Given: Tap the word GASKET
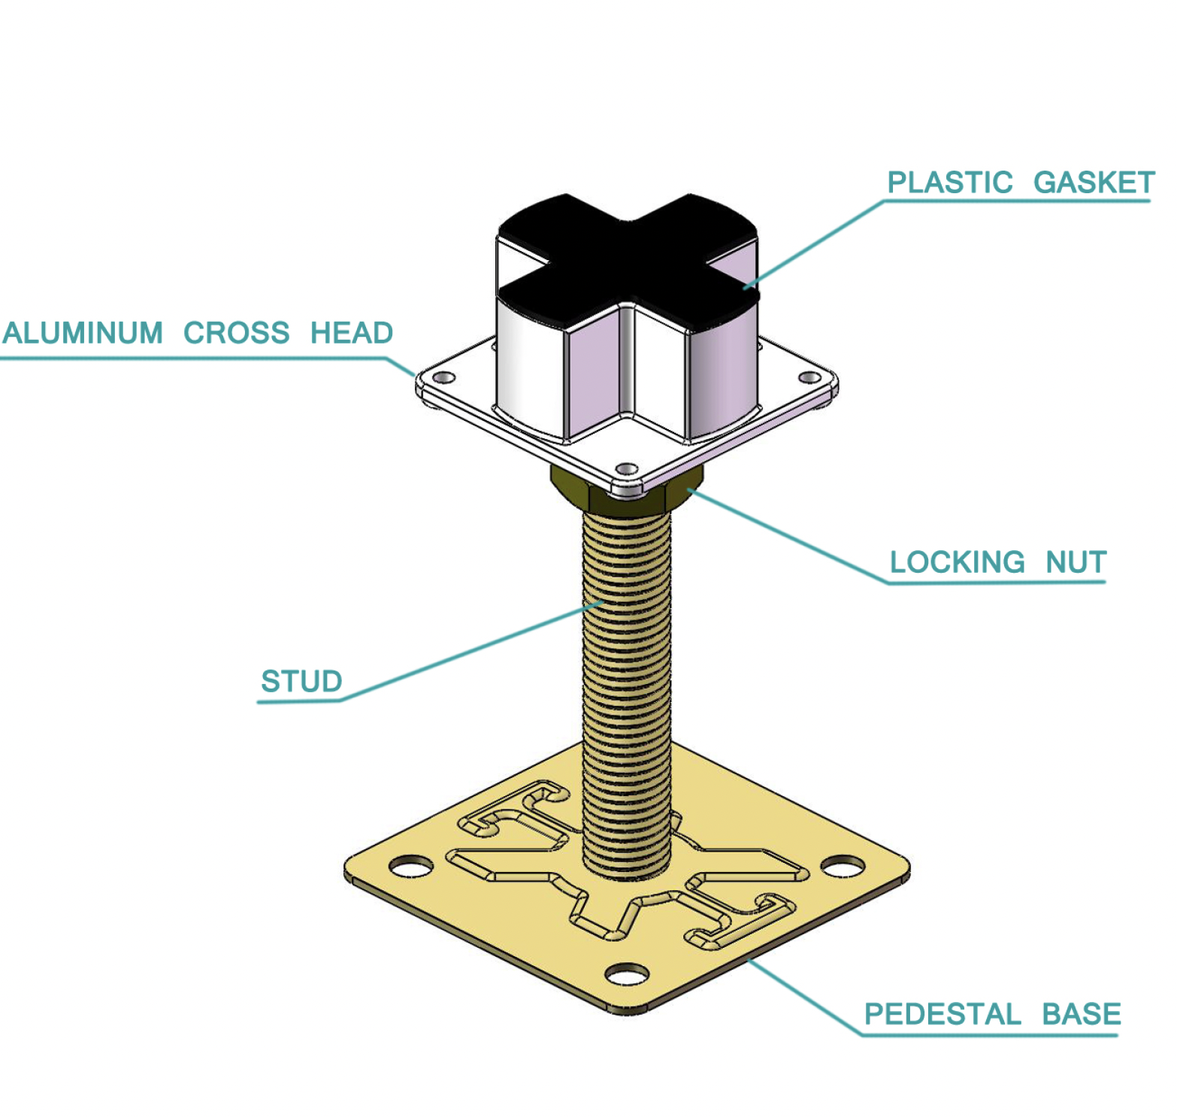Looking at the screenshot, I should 1094,183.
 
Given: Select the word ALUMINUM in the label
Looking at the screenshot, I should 83,333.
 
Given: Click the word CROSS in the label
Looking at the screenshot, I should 236,333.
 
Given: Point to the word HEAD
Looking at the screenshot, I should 351,333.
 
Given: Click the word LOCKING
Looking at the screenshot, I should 957,562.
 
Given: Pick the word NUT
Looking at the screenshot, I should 1076,562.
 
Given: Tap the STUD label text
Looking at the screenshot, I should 301,682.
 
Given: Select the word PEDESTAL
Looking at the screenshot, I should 943,1014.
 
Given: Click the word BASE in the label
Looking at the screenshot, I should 1081,1014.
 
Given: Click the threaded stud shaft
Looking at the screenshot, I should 626,677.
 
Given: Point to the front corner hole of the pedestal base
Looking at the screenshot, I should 627,975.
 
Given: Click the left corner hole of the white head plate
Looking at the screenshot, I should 445,377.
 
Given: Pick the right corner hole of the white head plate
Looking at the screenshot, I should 809,377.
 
